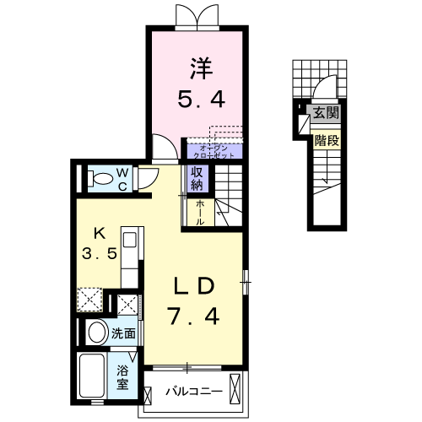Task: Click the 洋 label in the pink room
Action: pyautogui.click(x=199, y=65)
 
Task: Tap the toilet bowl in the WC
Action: pyautogui.click(x=100, y=178)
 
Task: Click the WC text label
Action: pyautogui.click(x=122, y=178)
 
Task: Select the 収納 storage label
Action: pyautogui.click(x=197, y=178)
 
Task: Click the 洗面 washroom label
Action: pyautogui.click(x=124, y=333)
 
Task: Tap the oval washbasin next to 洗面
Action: pyautogui.click(x=95, y=331)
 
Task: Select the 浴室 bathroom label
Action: pyautogui.click(x=123, y=376)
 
